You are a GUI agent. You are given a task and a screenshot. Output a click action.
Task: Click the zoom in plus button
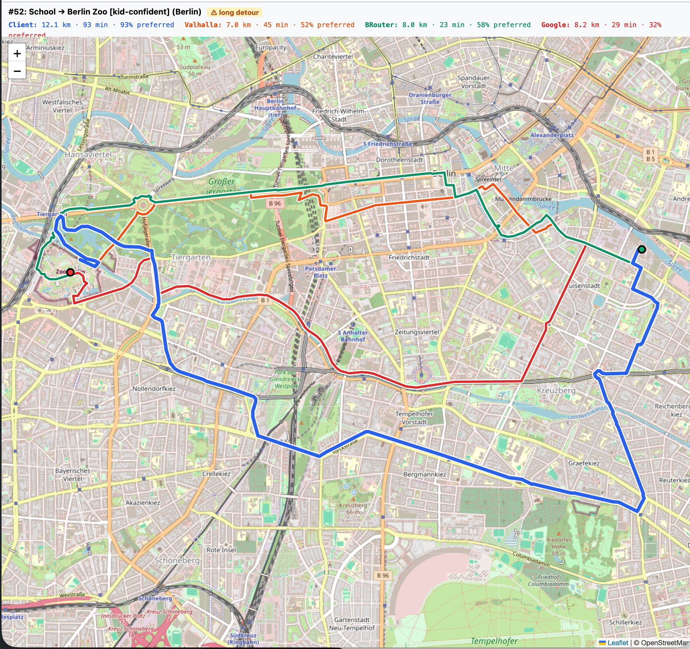[17, 54]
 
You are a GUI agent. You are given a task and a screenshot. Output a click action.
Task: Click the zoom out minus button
[17, 71]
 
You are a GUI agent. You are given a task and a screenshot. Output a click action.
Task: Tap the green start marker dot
[642, 250]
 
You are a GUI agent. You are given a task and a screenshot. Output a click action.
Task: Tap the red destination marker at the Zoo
[70, 272]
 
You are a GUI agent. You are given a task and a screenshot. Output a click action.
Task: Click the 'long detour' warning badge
[234, 12]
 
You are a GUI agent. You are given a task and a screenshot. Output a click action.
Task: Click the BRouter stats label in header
[448, 25]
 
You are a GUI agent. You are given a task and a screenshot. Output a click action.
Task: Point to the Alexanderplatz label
[552, 135]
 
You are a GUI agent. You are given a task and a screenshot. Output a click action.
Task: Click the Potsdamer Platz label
[321, 272]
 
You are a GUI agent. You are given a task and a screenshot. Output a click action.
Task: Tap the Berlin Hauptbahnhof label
[275, 107]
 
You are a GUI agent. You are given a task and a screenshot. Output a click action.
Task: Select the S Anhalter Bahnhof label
[353, 336]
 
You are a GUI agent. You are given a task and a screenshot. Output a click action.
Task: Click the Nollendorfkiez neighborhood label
[154, 389]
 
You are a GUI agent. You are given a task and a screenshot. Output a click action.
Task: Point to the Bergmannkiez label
[425, 474]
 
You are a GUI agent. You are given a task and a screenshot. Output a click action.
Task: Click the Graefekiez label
[584, 463]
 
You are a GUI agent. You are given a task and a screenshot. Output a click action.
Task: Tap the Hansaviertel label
[88, 154]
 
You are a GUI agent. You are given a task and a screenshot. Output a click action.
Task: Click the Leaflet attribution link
[617, 643]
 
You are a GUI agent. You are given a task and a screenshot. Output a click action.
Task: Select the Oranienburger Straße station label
[430, 98]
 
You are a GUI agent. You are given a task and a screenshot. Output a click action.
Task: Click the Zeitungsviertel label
[417, 332]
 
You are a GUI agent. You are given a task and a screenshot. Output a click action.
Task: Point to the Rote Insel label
[221, 550]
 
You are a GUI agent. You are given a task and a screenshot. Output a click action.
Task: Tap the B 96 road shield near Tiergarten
[275, 203]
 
